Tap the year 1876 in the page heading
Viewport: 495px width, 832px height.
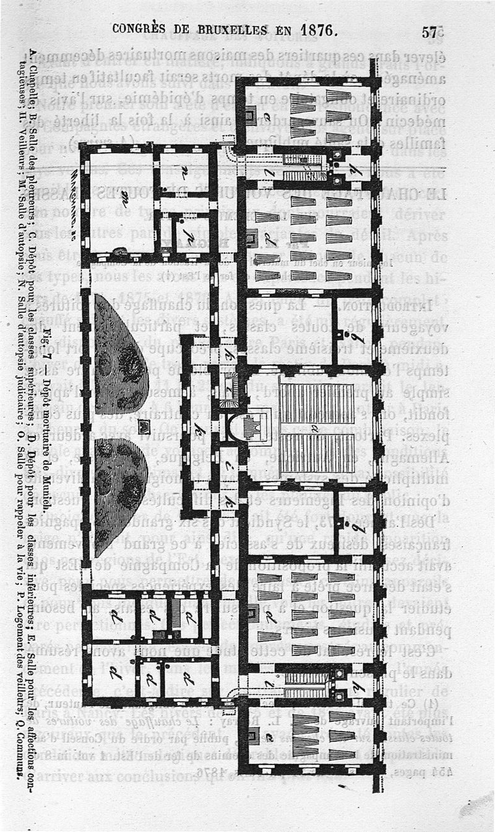(x=318, y=30)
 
